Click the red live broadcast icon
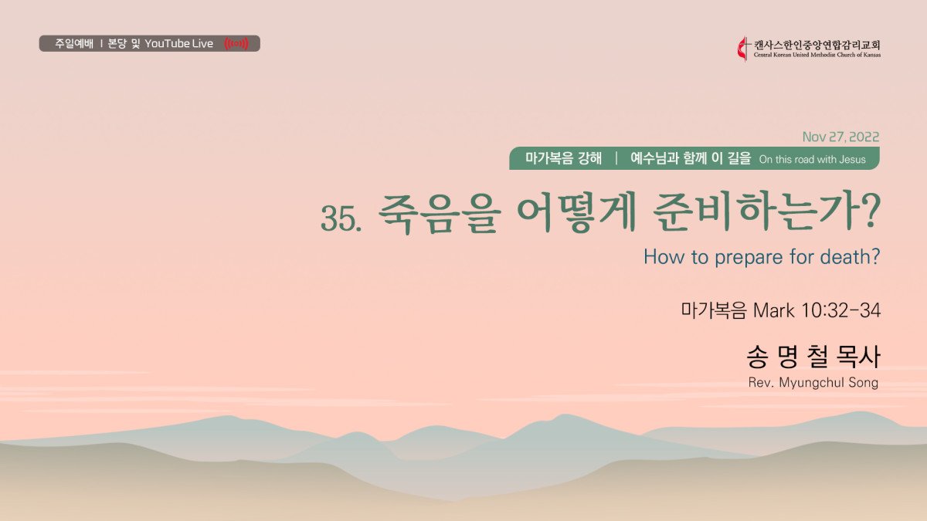coord(236,43)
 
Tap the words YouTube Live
coord(178,43)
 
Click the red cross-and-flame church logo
coord(743,49)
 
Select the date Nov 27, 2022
coord(840,137)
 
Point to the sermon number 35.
coord(341,218)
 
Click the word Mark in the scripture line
coord(774,310)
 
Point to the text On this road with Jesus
coord(813,160)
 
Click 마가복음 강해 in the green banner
coord(563,158)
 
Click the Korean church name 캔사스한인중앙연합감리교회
coord(817,45)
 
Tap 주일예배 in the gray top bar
coord(74,43)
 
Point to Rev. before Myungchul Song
coord(761,383)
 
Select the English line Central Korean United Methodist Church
coord(817,55)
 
